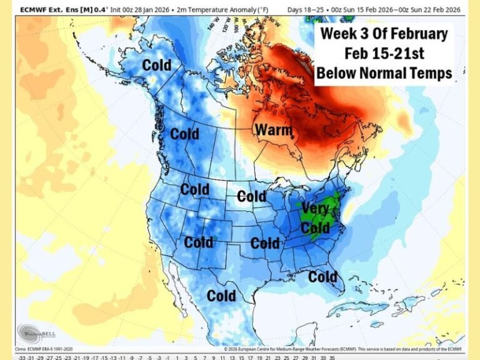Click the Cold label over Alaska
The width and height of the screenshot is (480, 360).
click(156, 64)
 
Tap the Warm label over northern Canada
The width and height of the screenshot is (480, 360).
click(273, 130)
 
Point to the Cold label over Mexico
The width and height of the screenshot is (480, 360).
click(221, 295)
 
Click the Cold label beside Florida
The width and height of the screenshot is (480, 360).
click(322, 276)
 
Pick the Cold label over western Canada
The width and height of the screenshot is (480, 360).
click(184, 133)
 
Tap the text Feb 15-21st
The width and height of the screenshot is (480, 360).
click(384, 54)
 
